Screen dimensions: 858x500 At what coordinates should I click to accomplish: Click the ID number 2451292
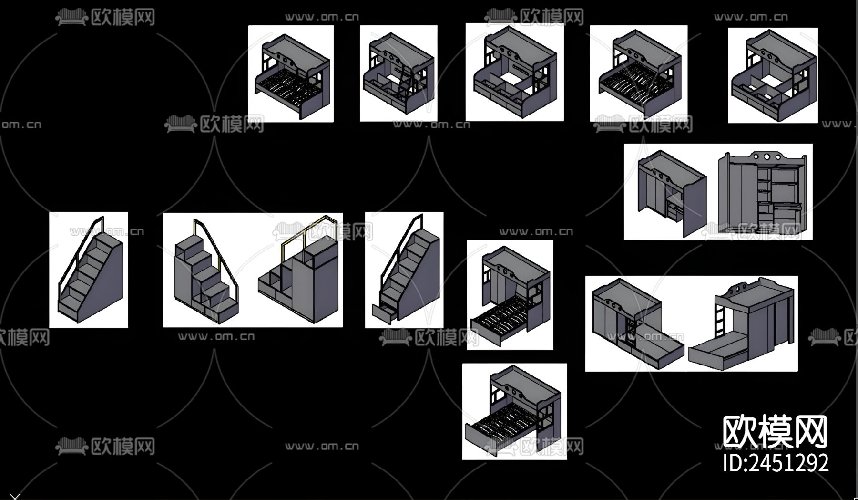pyautogui.click(x=776, y=463)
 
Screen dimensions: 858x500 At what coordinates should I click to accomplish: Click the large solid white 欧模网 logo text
pyautogui.click(x=775, y=431)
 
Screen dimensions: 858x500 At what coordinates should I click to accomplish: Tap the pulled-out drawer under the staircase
pyautogui.click(x=385, y=313)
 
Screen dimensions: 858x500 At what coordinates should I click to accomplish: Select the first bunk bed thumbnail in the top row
pyautogui.click(x=291, y=73)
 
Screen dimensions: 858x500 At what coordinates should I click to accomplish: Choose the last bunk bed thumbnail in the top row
pyautogui.click(x=773, y=75)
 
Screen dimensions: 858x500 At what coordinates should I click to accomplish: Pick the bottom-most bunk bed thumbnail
pyautogui.click(x=514, y=411)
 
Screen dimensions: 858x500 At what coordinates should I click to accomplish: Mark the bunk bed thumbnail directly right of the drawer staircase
pyautogui.click(x=510, y=295)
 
